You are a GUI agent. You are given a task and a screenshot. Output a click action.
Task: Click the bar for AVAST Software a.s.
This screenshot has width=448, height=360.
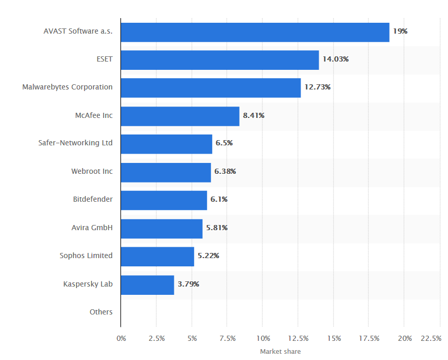[255, 32]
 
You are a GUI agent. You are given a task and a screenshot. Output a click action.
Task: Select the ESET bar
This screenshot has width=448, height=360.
[219, 60]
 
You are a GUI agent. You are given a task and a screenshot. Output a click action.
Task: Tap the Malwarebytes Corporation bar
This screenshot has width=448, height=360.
[211, 88]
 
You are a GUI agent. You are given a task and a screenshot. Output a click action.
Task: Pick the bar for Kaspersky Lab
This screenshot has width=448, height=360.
[147, 284]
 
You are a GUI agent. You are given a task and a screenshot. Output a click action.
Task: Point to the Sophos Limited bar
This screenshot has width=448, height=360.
[157, 257]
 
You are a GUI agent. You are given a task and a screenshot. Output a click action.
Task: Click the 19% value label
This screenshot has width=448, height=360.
[400, 31]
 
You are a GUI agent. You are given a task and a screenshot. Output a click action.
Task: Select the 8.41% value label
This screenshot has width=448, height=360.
[253, 115]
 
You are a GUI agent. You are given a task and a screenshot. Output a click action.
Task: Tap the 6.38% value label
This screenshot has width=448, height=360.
[225, 171]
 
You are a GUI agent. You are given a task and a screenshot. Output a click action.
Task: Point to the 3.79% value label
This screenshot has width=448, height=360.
[188, 284]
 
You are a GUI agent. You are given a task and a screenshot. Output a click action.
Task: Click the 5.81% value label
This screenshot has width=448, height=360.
[217, 228]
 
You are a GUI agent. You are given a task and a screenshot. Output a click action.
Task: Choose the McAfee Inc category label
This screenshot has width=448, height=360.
[94, 115]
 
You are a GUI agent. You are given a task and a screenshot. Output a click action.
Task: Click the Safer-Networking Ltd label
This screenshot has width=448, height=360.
[76, 143]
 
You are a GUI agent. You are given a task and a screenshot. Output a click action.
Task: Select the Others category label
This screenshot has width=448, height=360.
[101, 312]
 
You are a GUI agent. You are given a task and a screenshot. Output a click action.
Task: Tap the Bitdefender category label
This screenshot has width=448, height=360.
[93, 199]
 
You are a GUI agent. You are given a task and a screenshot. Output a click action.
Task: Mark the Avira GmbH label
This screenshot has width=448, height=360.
[92, 227]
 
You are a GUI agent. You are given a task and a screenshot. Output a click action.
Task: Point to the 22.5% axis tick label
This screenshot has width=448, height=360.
[431, 338]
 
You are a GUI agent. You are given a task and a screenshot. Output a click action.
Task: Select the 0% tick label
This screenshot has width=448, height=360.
[121, 338]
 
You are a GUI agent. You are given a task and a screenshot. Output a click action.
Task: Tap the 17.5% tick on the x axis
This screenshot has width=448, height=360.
[369, 338]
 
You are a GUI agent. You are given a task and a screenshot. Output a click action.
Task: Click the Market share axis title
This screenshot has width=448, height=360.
[280, 352]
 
